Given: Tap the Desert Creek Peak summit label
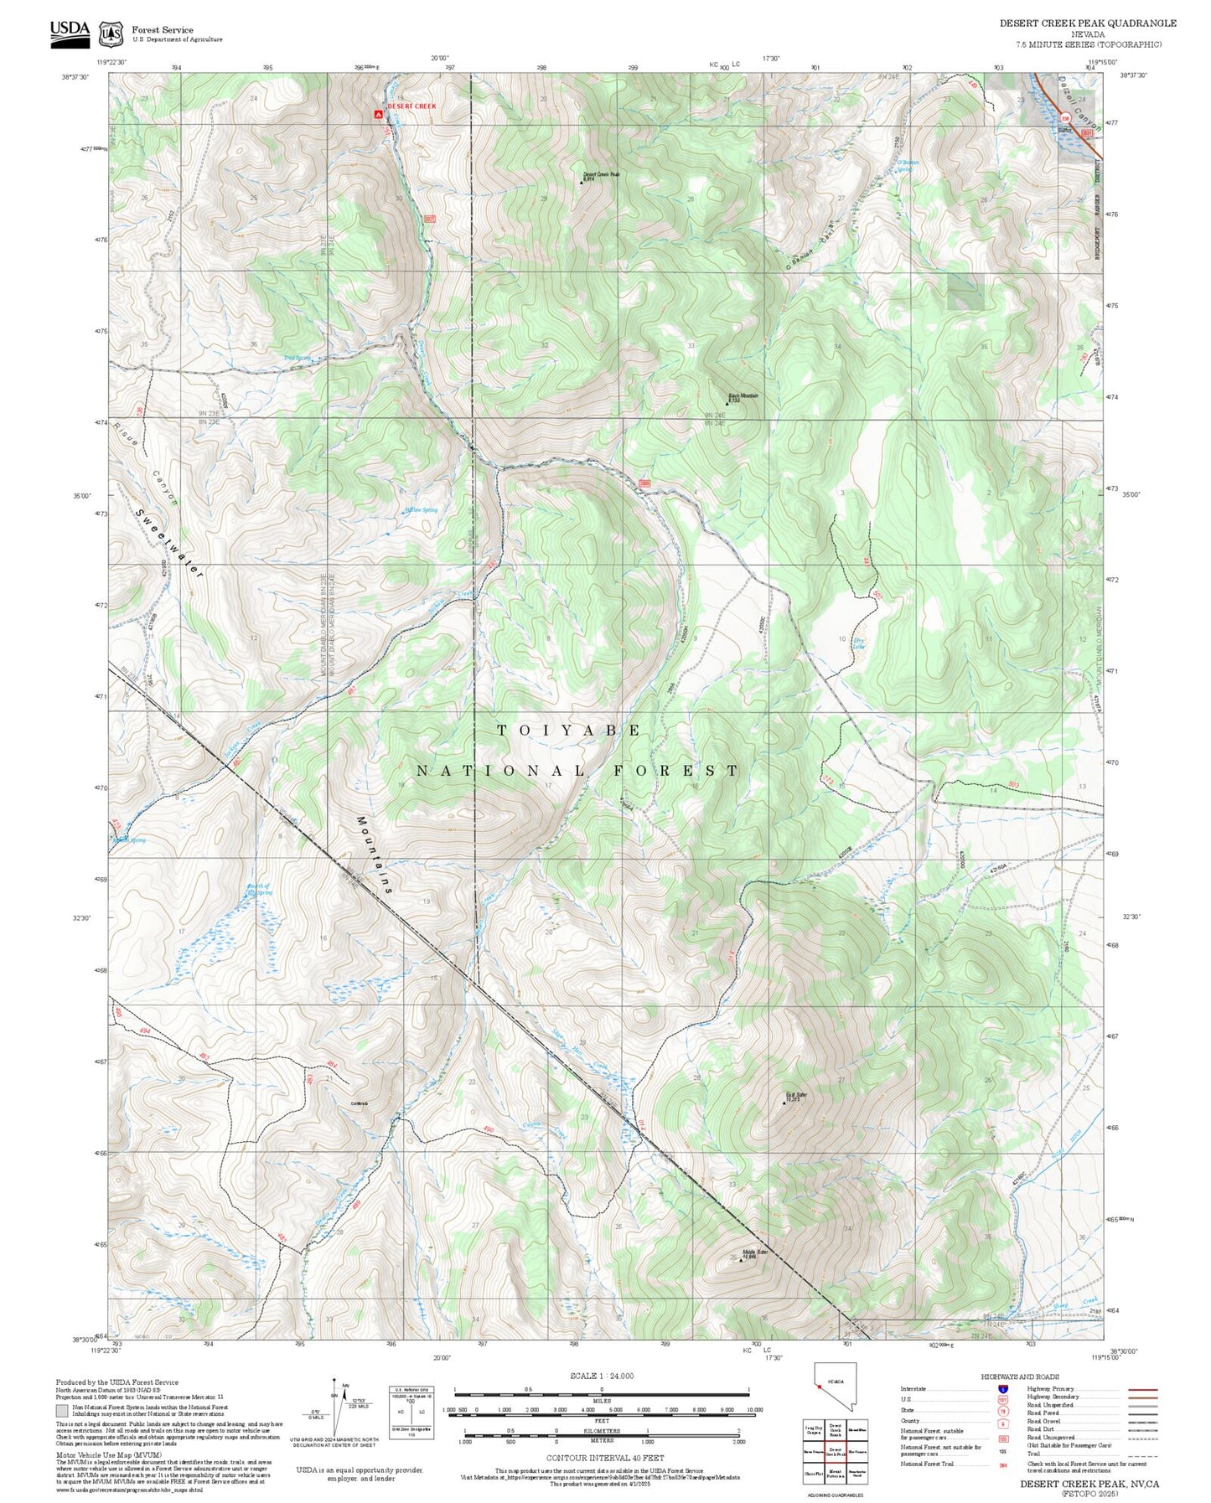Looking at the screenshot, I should tap(601, 174).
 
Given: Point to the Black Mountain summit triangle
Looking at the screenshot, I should tap(727, 403).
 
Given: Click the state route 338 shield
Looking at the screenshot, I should tap(1064, 119).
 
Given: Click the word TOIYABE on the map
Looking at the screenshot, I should tap(569, 731).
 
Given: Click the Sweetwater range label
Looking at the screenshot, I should tap(171, 545).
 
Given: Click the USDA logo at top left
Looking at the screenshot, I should tap(70, 31).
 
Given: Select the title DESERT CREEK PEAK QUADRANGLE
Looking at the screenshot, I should tap(1087, 23).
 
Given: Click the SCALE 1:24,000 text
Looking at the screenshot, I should tap(601, 1376).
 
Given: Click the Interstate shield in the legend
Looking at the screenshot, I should tap(1003, 1389).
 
